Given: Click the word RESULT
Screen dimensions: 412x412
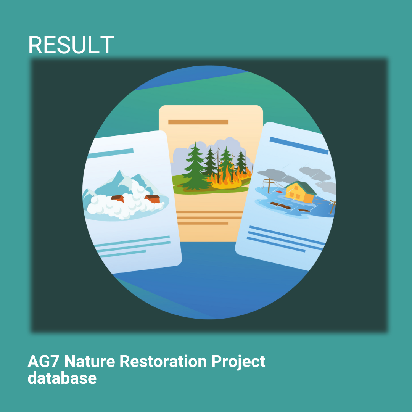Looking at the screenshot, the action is (71, 45).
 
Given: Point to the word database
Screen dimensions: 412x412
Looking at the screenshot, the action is (62, 378).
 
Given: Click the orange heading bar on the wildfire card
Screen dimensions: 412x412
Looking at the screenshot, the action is (198, 122).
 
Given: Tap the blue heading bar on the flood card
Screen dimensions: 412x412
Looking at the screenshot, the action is (299, 146).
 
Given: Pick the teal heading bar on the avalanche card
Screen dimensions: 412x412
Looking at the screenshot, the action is (110, 153).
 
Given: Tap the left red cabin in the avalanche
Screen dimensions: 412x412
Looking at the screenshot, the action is (117, 198).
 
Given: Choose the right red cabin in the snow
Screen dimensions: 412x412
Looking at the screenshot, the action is (153, 199).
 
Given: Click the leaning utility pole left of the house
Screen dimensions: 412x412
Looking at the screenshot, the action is (269, 185).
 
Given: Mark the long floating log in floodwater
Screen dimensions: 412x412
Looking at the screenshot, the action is (280, 206).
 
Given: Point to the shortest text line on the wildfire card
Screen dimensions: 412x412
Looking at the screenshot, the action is (203, 223).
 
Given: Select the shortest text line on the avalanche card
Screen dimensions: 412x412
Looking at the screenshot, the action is (123, 254).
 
